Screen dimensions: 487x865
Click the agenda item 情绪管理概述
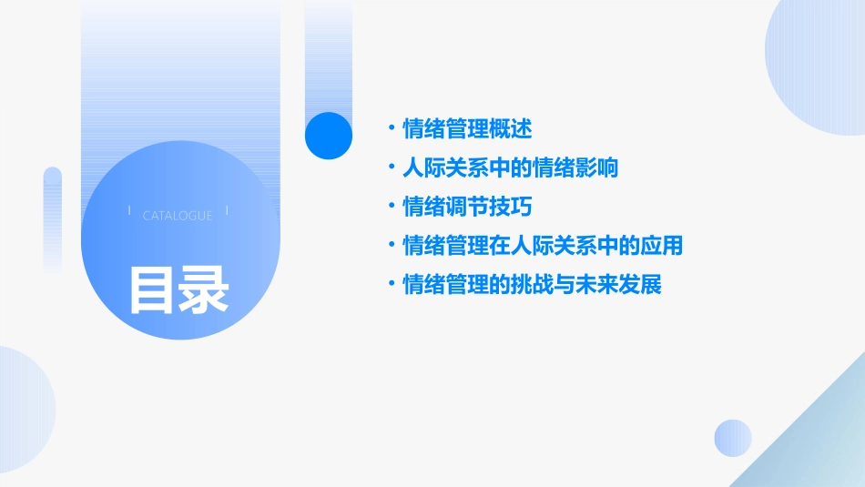[467, 129]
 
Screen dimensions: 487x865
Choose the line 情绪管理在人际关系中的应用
[543, 246]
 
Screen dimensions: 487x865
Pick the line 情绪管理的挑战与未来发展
[532, 285]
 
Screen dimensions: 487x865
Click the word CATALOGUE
[178, 216]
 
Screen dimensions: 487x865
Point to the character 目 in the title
[151, 289]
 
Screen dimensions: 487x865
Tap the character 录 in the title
[204, 289]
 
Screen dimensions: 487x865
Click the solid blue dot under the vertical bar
[329, 135]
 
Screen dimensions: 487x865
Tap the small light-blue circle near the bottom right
[733, 438]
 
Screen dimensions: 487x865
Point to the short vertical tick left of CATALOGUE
[129, 210]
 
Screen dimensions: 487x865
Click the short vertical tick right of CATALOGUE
[227, 210]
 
